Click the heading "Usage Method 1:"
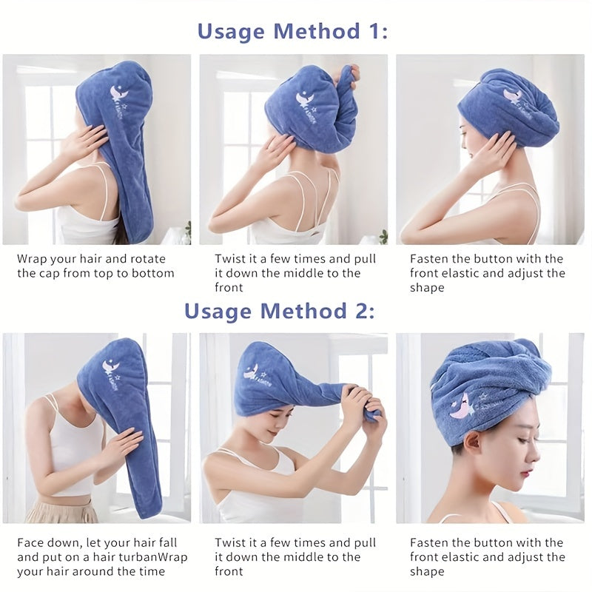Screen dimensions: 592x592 [292, 31]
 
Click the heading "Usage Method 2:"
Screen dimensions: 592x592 [279, 310]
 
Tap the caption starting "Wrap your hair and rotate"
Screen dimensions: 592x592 [95, 266]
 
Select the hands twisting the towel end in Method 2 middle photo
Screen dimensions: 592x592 [363, 403]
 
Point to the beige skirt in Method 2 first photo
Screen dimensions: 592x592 [63, 510]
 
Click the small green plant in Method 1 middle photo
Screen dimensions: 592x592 [383, 236]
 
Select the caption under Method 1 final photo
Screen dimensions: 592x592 [486, 273]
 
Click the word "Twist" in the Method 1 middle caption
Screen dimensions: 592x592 [231, 259]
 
